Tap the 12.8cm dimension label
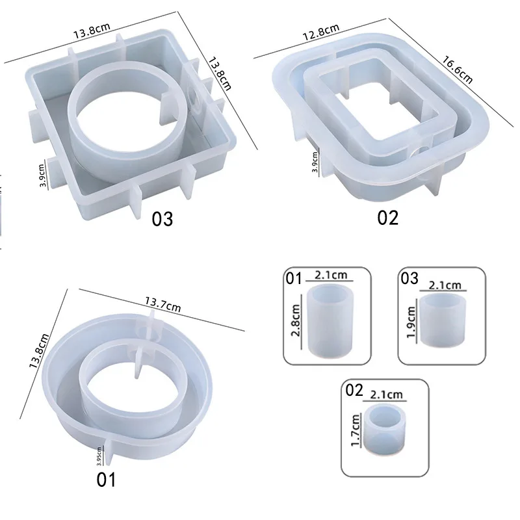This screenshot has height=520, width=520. click(320, 32)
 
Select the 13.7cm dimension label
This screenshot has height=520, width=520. click(163, 304)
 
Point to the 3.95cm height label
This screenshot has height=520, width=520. click(99, 456)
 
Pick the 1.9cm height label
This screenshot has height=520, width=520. click(411, 322)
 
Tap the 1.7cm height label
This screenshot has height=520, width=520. click(355, 430)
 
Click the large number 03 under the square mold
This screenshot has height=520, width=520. click(162, 219)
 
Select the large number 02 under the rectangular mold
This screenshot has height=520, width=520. click(387, 218)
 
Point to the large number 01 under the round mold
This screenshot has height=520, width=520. click(106, 480)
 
